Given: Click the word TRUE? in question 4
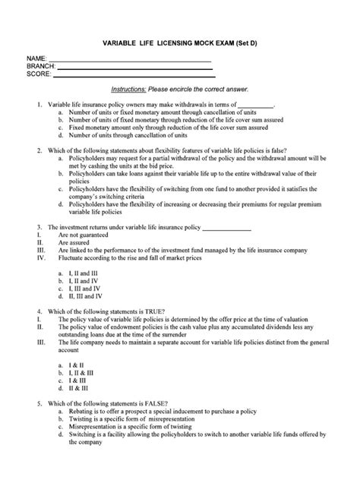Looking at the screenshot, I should click(x=166, y=311).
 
